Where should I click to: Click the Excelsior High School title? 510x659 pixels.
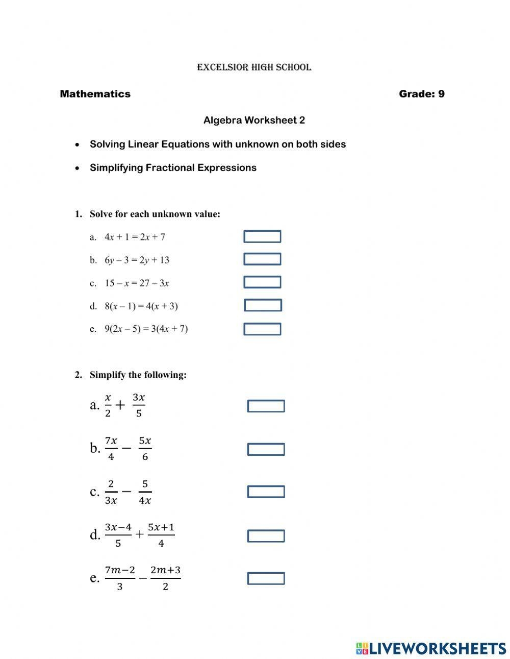click(x=254, y=67)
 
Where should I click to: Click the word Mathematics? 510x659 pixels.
click(x=95, y=94)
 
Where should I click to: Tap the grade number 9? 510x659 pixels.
click(x=441, y=94)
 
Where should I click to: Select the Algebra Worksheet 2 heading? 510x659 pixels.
click(x=254, y=120)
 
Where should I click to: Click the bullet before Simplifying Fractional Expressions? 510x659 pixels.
click(x=77, y=168)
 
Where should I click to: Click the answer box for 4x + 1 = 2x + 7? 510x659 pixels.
click(x=262, y=237)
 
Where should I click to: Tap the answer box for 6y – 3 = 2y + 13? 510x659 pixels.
click(x=262, y=259)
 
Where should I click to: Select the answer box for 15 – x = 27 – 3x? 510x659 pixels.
click(x=262, y=282)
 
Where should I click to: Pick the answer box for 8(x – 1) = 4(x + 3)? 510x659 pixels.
click(x=263, y=305)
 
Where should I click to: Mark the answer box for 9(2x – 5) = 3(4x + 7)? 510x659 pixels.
click(x=262, y=329)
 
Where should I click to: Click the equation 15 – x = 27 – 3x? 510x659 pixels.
click(x=137, y=283)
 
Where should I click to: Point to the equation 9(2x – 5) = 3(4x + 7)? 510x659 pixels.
click(x=146, y=329)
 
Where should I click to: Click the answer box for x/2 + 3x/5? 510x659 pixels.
click(x=266, y=406)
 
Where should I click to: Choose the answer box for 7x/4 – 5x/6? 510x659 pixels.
click(x=266, y=449)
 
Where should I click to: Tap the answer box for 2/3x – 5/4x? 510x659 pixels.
click(x=266, y=492)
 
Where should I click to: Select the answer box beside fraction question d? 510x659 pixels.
click(x=266, y=536)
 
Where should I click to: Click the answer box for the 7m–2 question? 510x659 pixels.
click(x=266, y=578)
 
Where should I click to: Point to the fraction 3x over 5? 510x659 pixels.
click(x=139, y=405)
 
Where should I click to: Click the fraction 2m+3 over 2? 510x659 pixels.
click(x=165, y=578)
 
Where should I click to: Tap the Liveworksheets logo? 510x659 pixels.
click(x=430, y=648)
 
